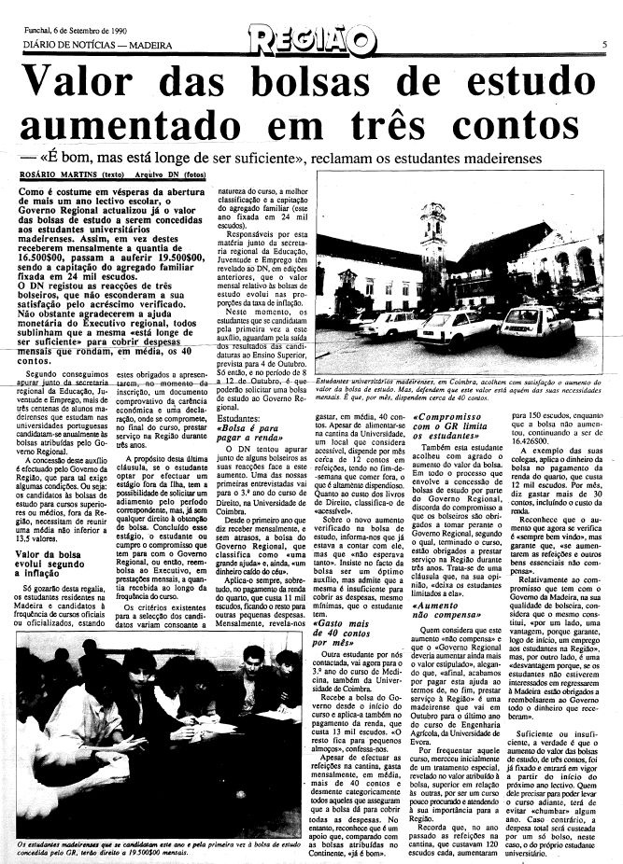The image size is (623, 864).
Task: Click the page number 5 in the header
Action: coord(605,44)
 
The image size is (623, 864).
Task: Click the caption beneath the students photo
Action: coord(154,848)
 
